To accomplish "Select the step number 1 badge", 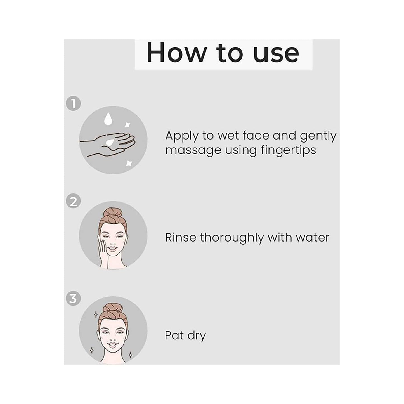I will pos(73,104).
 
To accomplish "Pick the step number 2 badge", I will pos(73,201).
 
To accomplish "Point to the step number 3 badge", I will pos(73,298).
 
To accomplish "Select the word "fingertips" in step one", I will pos(288,150).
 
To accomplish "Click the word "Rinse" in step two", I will pos(181,238).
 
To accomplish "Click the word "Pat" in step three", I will pos(174,335).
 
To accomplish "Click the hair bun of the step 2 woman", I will pos(113,213).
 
